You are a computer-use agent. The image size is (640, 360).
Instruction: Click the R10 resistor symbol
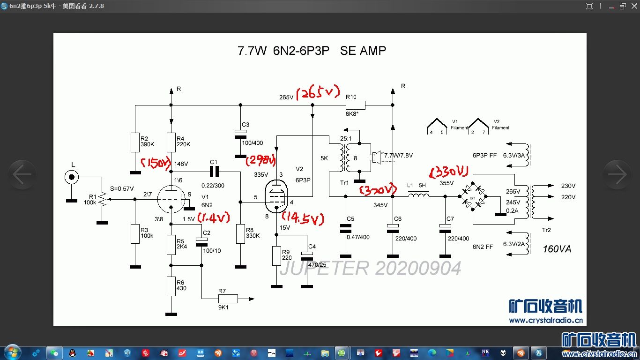pos(355,105)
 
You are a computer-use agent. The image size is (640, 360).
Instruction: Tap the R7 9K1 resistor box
pos(228,299)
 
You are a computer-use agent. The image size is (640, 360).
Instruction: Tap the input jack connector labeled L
pos(71,177)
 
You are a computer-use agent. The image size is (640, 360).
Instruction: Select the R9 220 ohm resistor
pos(276,256)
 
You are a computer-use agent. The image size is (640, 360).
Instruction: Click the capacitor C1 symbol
pos(214,169)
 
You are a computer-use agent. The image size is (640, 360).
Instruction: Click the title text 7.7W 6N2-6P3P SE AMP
pos(312,51)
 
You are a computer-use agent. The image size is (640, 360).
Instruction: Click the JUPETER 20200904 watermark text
pos(370,269)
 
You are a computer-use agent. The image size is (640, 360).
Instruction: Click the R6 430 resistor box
pos(171,286)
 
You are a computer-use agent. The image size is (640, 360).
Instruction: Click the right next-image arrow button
pos(617,174)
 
